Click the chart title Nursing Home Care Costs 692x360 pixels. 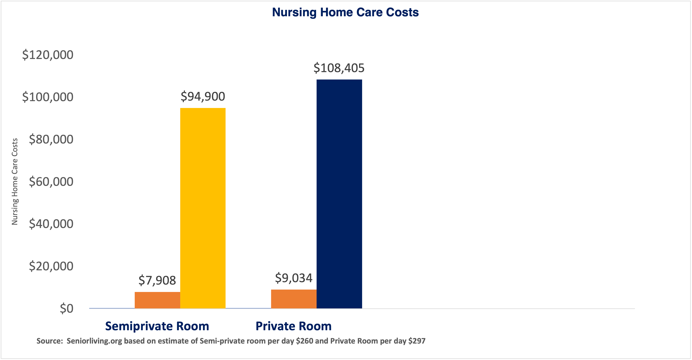[345, 12]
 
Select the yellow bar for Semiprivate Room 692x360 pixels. [203, 208]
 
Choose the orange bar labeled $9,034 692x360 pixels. [294, 299]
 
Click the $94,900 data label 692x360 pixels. [203, 96]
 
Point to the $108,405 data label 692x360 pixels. [339, 68]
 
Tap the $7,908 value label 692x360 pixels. [157, 280]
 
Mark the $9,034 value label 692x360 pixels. [294, 278]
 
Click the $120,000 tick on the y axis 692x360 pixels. [48, 55]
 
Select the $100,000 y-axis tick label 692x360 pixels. [48, 97]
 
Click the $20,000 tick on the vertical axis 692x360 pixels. [51, 266]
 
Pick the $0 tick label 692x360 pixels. [66, 308]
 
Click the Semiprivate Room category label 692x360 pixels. [157, 326]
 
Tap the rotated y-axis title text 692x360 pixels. [14, 181]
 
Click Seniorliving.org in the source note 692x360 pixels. [94, 341]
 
